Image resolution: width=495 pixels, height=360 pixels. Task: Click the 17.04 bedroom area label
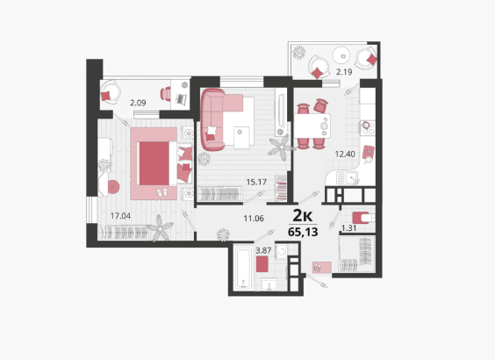[x=120, y=216]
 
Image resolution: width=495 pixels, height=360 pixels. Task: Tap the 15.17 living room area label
[x=256, y=182]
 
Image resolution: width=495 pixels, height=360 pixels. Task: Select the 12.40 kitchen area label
[x=345, y=155]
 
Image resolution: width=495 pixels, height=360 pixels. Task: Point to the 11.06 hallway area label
[x=254, y=219]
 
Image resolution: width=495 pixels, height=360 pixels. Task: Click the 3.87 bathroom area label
[x=263, y=250]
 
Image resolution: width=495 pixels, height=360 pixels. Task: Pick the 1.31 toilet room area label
[x=348, y=228]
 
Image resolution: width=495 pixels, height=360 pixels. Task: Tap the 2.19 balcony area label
[x=344, y=72]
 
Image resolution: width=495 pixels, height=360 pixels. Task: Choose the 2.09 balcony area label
[x=138, y=103]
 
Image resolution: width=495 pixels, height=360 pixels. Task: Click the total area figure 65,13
[x=303, y=232]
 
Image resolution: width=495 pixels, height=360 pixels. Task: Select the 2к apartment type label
[x=303, y=216]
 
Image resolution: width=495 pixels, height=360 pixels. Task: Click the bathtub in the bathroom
[x=243, y=269]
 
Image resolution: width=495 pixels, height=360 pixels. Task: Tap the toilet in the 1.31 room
[x=363, y=218]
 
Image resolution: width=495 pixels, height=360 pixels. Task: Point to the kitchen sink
[x=348, y=177]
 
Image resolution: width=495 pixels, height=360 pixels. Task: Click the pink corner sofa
[x=217, y=119]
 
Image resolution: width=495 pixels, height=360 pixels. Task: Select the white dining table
[x=312, y=126]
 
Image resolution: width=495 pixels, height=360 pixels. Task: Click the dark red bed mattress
[x=154, y=163]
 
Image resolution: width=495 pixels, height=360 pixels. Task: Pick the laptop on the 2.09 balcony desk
[x=181, y=99]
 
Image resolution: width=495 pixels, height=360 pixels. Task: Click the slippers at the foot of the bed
[x=162, y=192]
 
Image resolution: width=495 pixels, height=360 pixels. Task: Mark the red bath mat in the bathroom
[x=262, y=264]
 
